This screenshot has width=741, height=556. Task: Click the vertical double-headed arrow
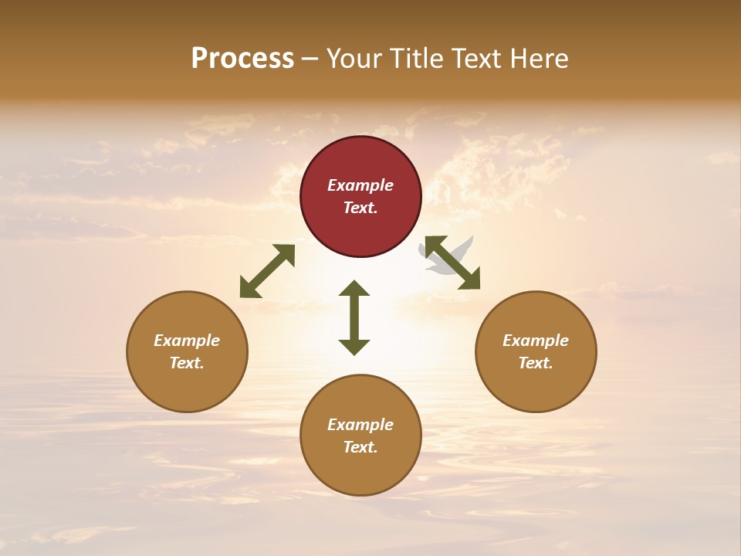[354, 317]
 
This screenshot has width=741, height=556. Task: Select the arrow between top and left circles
[267, 271]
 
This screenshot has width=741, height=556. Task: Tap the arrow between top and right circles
[453, 263]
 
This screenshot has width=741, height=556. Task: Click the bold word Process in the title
[242, 59]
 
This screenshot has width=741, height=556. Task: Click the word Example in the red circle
[360, 185]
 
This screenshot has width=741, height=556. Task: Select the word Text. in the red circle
[360, 208]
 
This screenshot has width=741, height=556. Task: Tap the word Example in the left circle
[187, 341]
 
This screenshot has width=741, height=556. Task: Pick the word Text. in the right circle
[536, 363]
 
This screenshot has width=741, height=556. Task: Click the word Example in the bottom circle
[360, 425]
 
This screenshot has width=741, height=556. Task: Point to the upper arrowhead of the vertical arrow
[354, 288]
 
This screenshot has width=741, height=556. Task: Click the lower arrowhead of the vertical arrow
[354, 347]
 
